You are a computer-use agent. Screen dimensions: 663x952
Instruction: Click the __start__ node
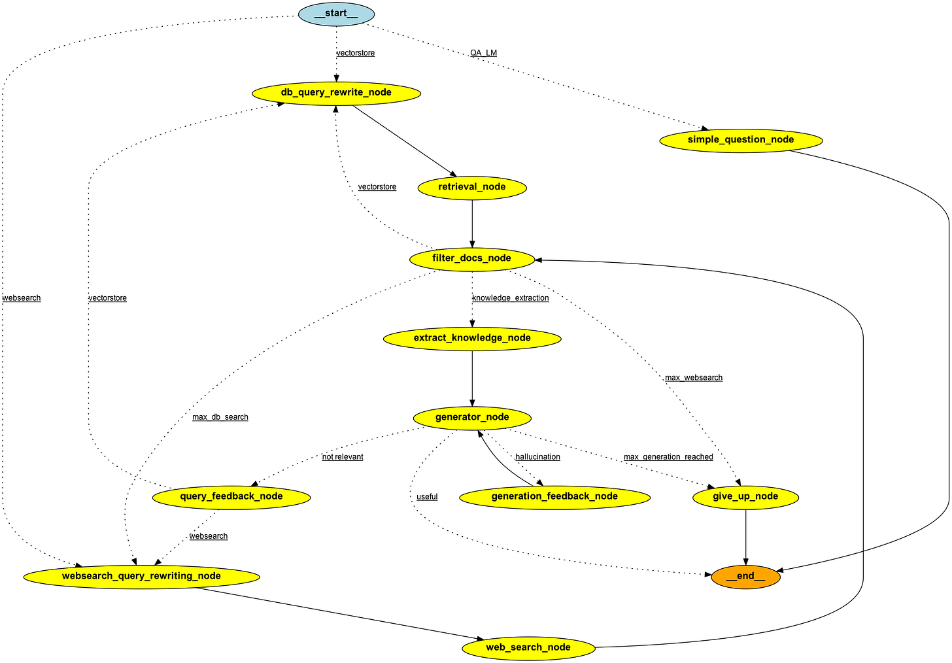tap(336, 14)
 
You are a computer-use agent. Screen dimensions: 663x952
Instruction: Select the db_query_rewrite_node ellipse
tap(336, 93)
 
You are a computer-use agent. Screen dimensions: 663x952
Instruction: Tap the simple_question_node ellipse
tap(741, 140)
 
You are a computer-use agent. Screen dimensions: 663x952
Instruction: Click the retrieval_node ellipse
tap(472, 187)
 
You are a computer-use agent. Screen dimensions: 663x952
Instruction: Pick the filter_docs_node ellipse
tap(471, 258)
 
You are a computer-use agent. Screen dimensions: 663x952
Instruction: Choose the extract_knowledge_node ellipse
tap(472, 338)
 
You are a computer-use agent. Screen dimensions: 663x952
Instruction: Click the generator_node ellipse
tap(472, 417)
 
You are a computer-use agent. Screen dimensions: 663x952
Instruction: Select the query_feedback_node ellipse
tap(231, 497)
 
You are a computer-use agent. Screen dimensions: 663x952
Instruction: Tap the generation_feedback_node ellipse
tap(554, 497)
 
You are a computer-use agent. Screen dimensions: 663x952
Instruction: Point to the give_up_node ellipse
tap(746, 497)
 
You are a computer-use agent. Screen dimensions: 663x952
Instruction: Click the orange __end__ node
tap(745, 577)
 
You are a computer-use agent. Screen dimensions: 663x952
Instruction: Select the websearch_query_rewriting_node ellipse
tap(141, 577)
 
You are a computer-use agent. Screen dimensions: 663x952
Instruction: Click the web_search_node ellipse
tap(528, 648)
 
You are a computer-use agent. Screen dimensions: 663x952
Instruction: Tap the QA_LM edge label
tap(483, 53)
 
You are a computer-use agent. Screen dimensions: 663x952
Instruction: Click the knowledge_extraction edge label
tap(511, 298)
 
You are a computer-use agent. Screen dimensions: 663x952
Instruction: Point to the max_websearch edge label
tap(694, 378)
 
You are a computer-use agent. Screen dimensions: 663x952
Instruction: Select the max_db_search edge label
tap(220, 417)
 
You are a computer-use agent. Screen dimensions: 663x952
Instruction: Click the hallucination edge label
tap(537, 457)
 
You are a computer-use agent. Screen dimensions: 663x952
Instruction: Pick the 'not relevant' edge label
tap(343, 457)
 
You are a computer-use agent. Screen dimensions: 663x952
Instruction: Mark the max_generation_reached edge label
tap(668, 457)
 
